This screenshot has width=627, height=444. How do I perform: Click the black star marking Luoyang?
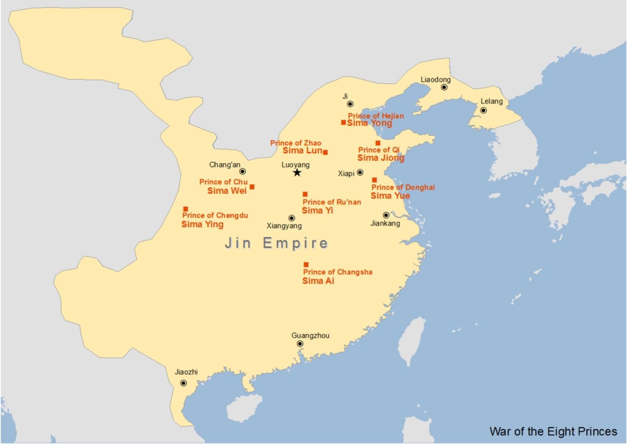click(x=297, y=173)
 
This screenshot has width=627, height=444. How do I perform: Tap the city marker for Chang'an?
click(x=243, y=171)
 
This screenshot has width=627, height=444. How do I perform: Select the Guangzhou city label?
click(x=310, y=335)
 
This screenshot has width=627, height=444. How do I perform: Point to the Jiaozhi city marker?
click(x=183, y=383)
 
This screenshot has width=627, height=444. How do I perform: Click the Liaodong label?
click(x=435, y=80)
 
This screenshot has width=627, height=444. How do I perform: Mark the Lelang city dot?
click(x=483, y=111)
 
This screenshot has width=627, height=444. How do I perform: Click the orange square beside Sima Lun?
click(x=325, y=152)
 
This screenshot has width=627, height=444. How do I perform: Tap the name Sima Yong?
click(x=369, y=123)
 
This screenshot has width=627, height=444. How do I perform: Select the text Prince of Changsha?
click(x=337, y=272)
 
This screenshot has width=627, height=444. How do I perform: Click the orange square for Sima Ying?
click(x=186, y=209)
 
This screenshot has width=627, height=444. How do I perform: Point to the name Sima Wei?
click(x=227, y=191)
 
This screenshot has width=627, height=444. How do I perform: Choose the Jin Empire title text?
click(x=276, y=243)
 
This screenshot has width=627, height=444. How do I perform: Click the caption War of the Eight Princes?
click(x=553, y=431)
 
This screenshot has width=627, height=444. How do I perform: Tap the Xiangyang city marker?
click(x=292, y=218)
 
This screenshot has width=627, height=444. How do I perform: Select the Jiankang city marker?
click(x=386, y=215)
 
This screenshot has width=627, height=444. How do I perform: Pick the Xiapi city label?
click(x=346, y=173)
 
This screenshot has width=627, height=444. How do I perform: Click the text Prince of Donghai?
click(x=403, y=187)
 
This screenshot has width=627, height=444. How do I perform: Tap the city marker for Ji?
click(x=350, y=104)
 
